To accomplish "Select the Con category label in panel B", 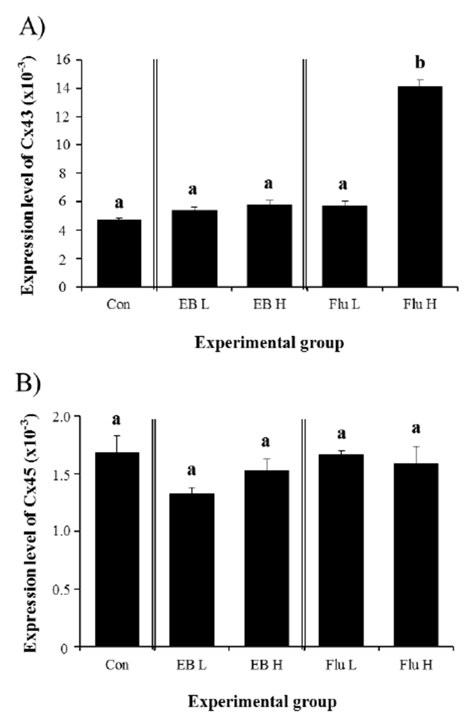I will (x=117, y=666).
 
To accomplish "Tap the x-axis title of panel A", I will (x=269, y=343).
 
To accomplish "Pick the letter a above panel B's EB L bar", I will (x=191, y=471).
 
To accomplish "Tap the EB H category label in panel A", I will (x=269, y=304).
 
